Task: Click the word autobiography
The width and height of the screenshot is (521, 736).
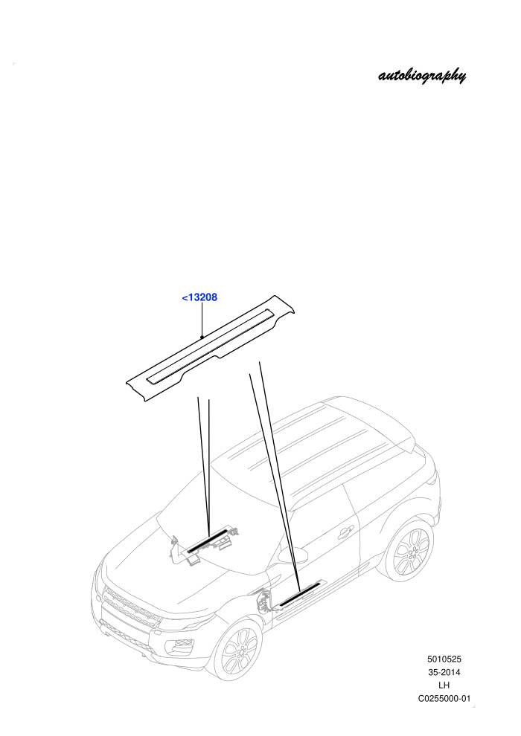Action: (422, 76)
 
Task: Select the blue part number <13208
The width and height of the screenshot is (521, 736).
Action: (199, 297)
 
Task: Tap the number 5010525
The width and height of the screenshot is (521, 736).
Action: (444, 659)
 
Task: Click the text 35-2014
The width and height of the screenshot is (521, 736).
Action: (444, 672)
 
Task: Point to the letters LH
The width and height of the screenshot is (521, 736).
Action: (444, 685)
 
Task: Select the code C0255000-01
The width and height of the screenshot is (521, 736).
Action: (444, 698)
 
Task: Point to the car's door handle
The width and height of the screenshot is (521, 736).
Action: (345, 532)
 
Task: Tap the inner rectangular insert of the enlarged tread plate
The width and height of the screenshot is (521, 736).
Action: (210, 346)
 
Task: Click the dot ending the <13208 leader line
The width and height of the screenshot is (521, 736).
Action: (202, 337)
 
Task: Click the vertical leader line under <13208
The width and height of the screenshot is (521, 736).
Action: (202, 320)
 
